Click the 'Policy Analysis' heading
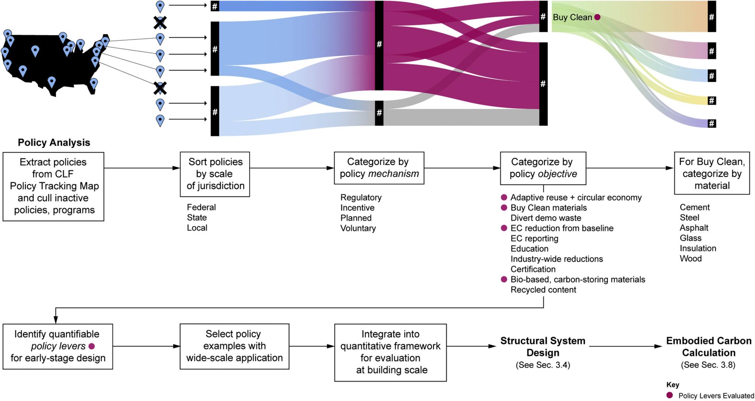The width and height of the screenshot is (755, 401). click(54, 143)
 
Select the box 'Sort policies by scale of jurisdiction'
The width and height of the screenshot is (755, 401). click(215, 174)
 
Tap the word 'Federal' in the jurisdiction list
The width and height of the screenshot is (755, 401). click(201, 207)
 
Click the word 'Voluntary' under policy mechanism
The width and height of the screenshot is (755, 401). click(358, 228)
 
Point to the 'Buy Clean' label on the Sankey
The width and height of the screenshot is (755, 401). click(572, 17)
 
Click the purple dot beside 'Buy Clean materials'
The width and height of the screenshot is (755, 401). click(504, 208)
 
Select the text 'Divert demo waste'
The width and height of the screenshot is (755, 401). click(546, 218)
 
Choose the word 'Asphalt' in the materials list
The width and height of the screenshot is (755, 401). click(694, 228)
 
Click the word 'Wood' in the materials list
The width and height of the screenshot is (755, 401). click(690, 258)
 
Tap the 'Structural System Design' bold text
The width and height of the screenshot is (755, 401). click(543, 346)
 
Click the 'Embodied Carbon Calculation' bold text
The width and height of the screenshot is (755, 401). click(709, 346)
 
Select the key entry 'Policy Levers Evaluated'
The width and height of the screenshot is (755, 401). click(716, 395)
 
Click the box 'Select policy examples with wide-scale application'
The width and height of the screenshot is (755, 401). click(234, 346)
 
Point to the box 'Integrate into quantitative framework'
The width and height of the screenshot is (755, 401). click(390, 352)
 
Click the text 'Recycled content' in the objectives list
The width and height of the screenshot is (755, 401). click(543, 290)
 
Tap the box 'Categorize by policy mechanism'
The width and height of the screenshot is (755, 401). click(379, 168)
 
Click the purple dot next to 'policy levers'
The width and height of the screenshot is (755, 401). click(92, 346)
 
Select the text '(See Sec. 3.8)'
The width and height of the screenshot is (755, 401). click(708, 365)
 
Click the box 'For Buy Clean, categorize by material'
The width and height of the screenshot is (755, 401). click(711, 173)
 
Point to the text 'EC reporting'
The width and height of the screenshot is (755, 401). click(534, 238)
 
